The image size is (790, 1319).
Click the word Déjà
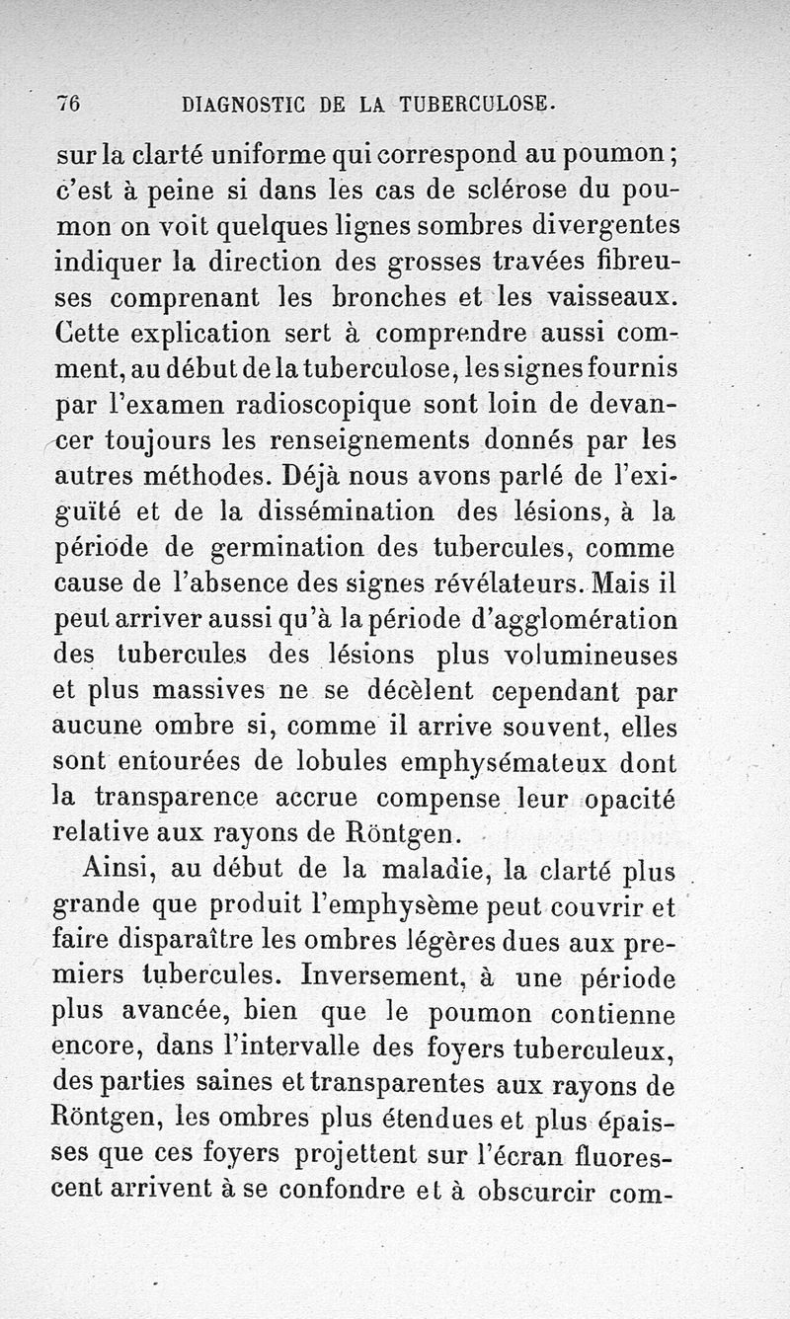click(317, 476)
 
